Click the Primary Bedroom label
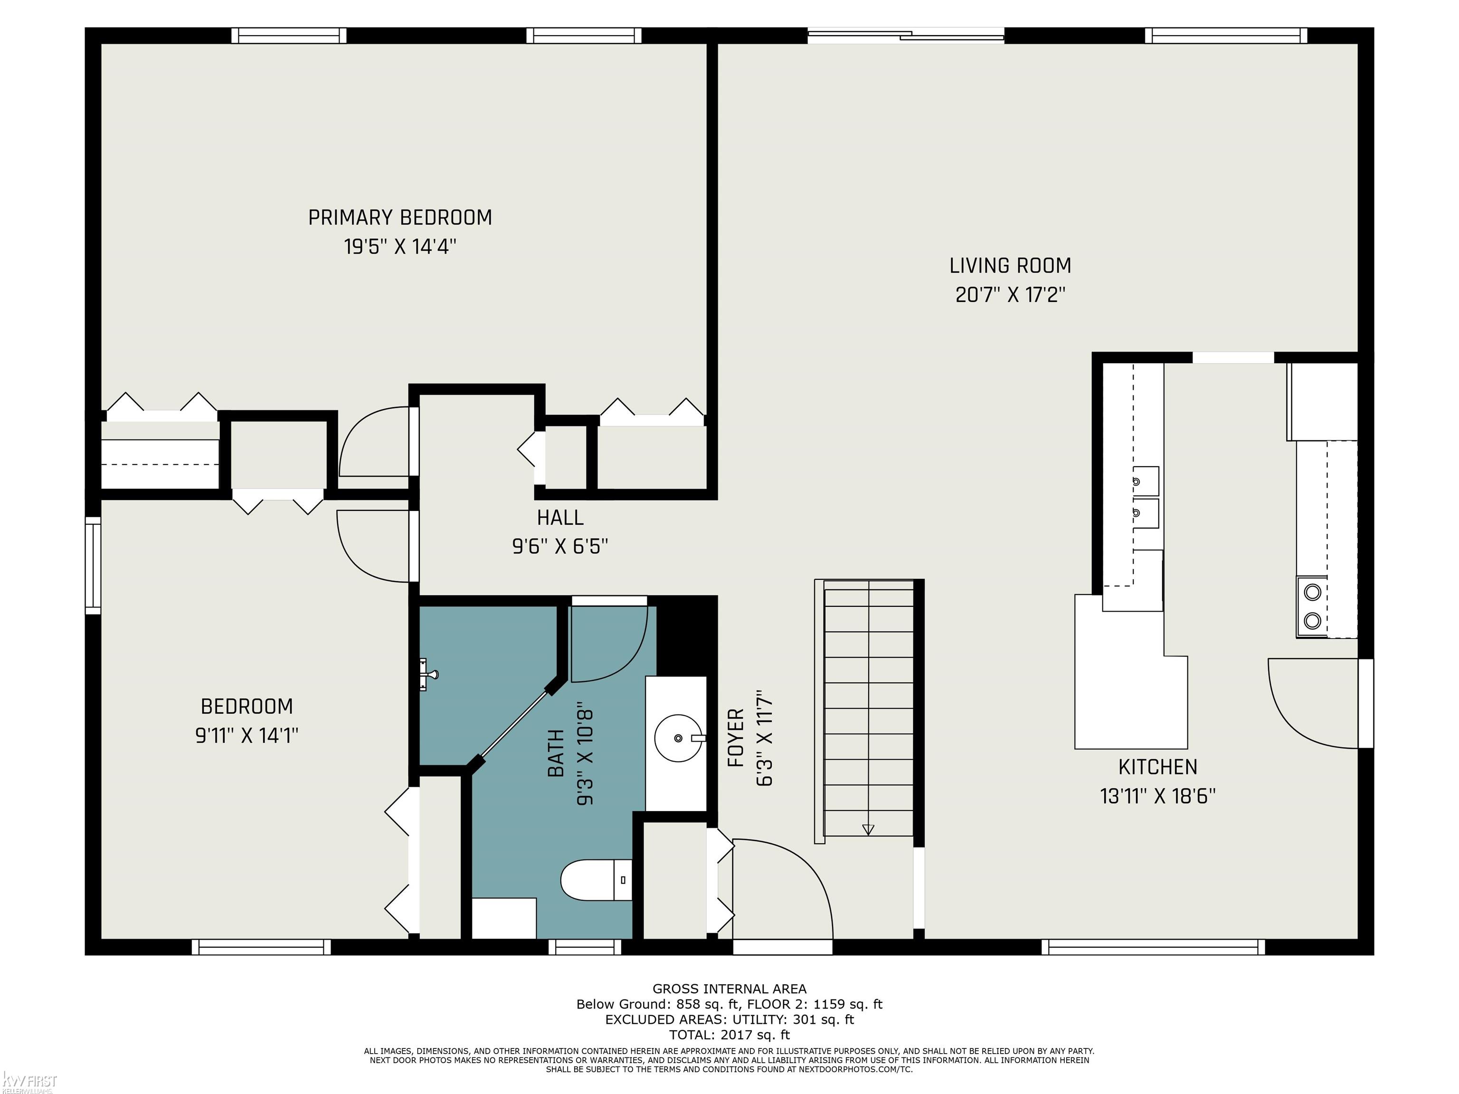400,217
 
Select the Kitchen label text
1157,767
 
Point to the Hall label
560,518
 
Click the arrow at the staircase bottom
868,830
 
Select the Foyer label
735,738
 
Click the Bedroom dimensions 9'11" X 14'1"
246,735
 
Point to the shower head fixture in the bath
428,674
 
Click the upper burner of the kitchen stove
1313,592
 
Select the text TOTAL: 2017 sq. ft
729,1035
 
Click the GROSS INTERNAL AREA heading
729,989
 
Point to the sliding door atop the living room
906,35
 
